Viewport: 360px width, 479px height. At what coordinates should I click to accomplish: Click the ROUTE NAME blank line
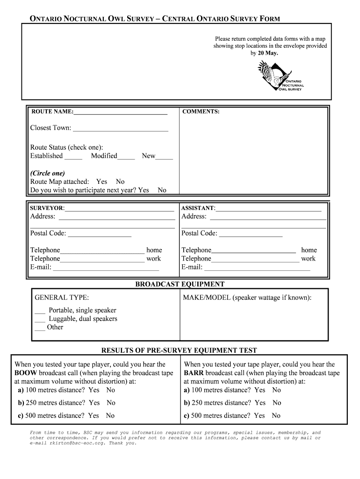(120, 113)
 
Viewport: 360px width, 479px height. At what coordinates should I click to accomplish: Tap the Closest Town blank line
(120, 130)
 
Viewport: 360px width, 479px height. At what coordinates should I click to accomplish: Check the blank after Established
(73, 158)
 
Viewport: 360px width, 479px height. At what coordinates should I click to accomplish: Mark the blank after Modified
(126, 158)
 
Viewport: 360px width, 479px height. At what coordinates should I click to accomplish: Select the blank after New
(164, 158)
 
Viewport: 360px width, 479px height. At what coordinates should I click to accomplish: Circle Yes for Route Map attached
(101, 181)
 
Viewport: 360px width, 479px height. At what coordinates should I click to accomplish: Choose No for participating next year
(162, 190)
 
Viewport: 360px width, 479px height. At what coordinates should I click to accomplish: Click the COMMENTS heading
(201, 112)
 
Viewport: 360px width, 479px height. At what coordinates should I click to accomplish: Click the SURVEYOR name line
(120, 209)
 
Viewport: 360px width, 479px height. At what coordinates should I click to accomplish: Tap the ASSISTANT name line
(268, 209)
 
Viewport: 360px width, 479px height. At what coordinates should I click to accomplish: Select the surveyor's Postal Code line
(99, 235)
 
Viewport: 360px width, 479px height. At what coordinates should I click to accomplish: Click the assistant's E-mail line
(257, 269)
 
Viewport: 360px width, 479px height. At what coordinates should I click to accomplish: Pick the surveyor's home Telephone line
(102, 252)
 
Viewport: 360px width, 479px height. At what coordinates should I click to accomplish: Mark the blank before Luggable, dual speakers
(40, 320)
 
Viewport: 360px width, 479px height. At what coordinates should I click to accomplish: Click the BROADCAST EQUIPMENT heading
(180, 284)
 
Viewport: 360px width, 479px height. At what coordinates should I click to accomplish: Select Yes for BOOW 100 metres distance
(94, 390)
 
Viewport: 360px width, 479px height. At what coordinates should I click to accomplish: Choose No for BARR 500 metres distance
(276, 415)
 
